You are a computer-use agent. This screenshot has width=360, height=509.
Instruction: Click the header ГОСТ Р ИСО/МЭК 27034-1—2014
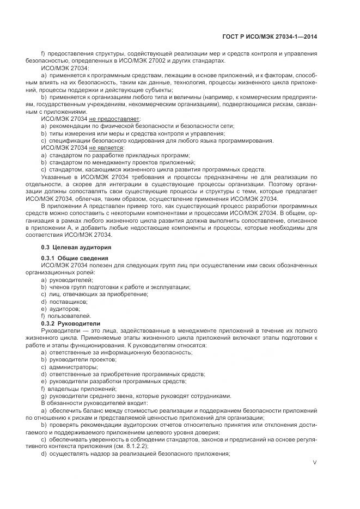(x=278, y=36)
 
